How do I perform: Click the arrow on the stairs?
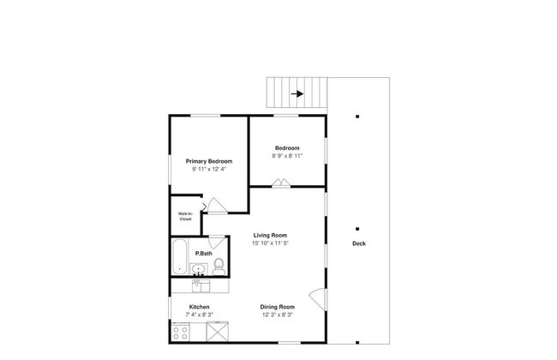click(297, 94)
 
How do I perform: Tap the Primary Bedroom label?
click(209, 161)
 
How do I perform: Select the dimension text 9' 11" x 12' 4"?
click(209, 170)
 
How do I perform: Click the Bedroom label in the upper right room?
click(286, 147)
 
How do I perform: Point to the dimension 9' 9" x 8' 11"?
click(286, 156)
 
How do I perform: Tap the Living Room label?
click(270, 235)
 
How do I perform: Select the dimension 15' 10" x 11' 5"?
click(270, 243)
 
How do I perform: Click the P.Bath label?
click(204, 254)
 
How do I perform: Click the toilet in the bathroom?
click(219, 265)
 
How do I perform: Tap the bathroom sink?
click(199, 268)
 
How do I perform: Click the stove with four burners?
click(181, 329)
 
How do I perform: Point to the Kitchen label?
click(200, 307)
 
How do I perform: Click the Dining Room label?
click(278, 307)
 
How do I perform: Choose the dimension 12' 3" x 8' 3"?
click(278, 315)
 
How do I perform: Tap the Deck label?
click(358, 243)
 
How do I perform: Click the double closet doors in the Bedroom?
click(280, 182)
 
